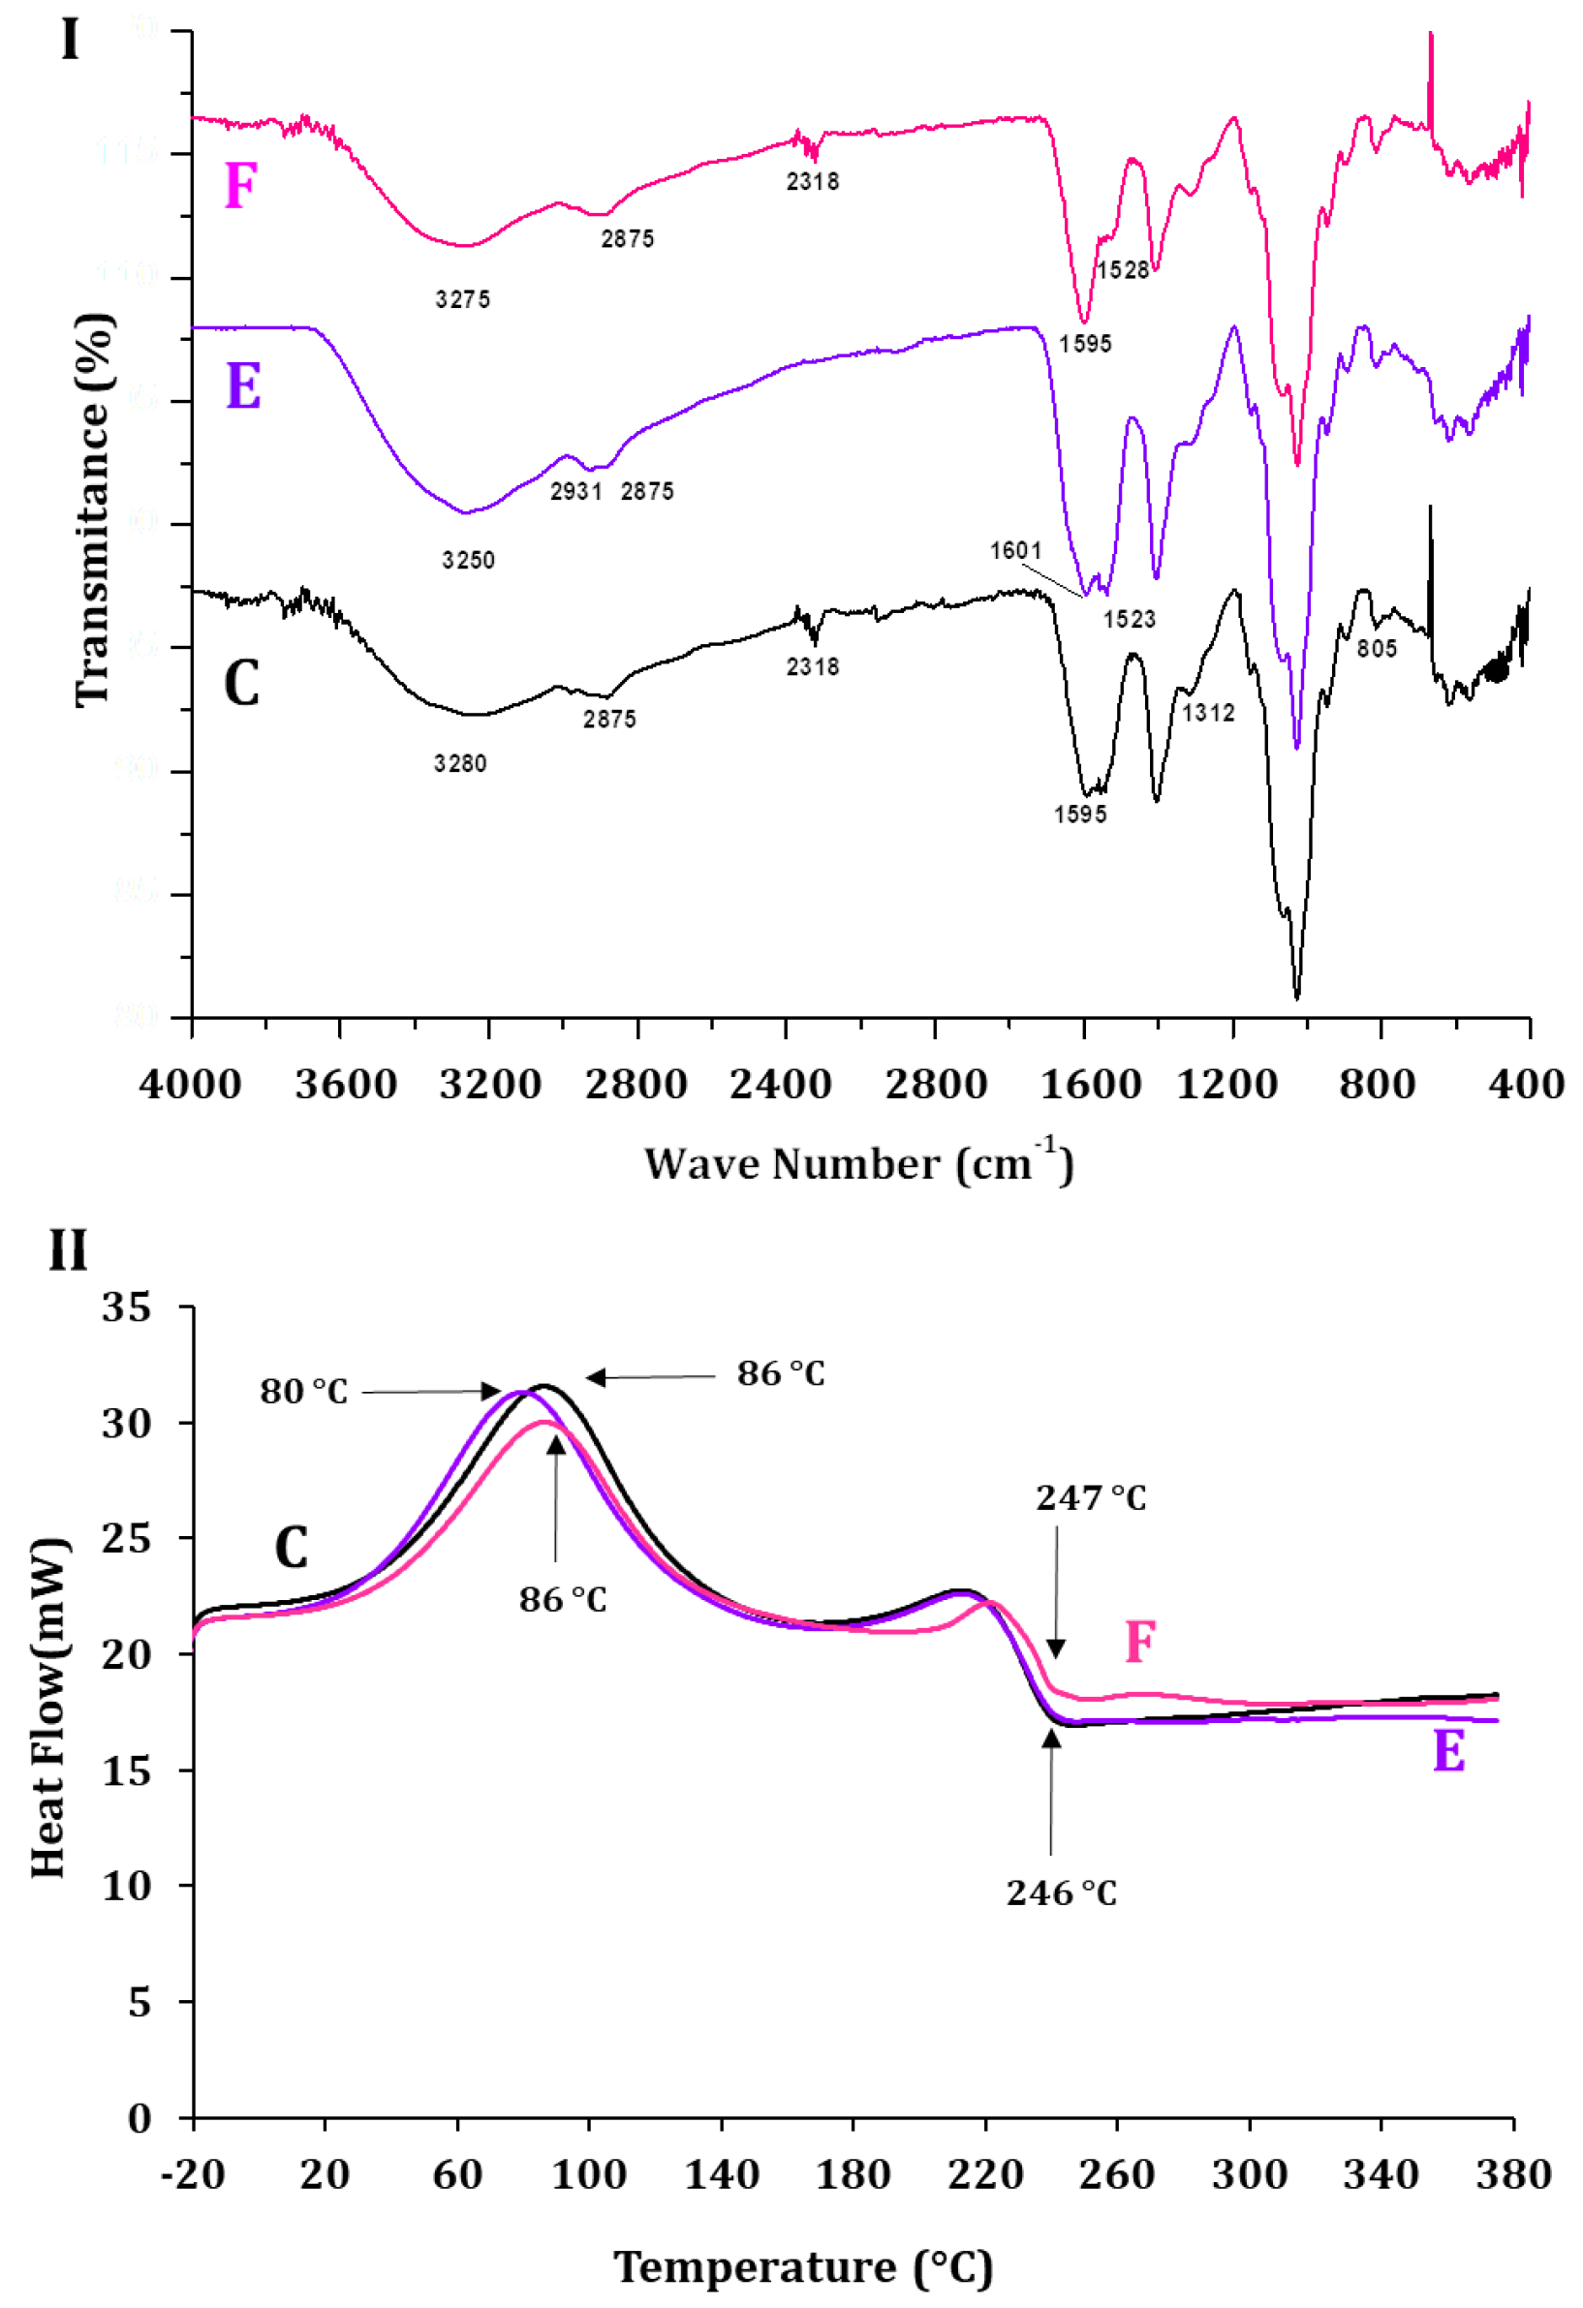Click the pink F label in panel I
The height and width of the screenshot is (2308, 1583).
[240, 186]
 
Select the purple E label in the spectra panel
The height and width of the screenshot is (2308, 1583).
[243, 385]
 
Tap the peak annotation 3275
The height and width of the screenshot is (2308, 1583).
[463, 299]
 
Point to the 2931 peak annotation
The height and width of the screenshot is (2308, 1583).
[576, 491]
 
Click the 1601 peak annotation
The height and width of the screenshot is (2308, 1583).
[1015, 550]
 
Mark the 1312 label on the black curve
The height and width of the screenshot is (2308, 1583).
[1208, 712]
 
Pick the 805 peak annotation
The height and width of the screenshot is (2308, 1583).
[1377, 649]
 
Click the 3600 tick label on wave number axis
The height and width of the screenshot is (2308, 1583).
[345, 1084]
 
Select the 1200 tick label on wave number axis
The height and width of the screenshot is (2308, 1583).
[1227, 1084]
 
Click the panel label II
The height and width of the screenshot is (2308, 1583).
[68, 1250]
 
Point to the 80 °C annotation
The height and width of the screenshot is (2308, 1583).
[304, 1392]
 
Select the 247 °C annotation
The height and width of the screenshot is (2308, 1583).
[1091, 1497]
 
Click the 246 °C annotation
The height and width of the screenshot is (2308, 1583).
[1061, 1893]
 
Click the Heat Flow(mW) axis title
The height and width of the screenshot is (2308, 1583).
[49, 1708]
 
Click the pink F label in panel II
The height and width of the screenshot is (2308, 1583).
[1140, 1642]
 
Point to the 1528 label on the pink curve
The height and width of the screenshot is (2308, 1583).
[1122, 269]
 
